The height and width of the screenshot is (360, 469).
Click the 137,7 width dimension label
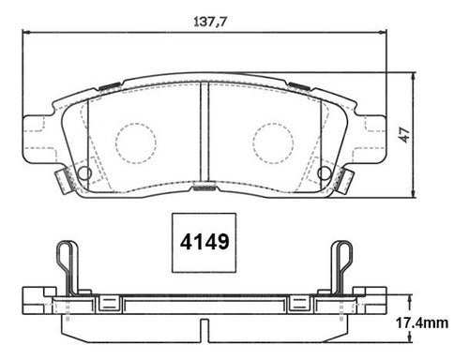click(x=209, y=22)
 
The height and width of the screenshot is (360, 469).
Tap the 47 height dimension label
click(x=405, y=135)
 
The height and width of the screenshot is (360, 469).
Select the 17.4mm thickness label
click(x=422, y=322)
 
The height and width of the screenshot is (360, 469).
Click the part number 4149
click(x=204, y=242)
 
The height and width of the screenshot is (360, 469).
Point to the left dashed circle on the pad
click(x=135, y=143)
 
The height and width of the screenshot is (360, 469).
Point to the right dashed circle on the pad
click(x=274, y=143)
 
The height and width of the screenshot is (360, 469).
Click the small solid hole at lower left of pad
click(x=84, y=172)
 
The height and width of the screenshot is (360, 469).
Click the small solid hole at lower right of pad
click(x=325, y=172)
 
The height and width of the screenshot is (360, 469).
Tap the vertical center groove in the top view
click(x=204, y=132)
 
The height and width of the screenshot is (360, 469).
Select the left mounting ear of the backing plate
click(x=38, y=139)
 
